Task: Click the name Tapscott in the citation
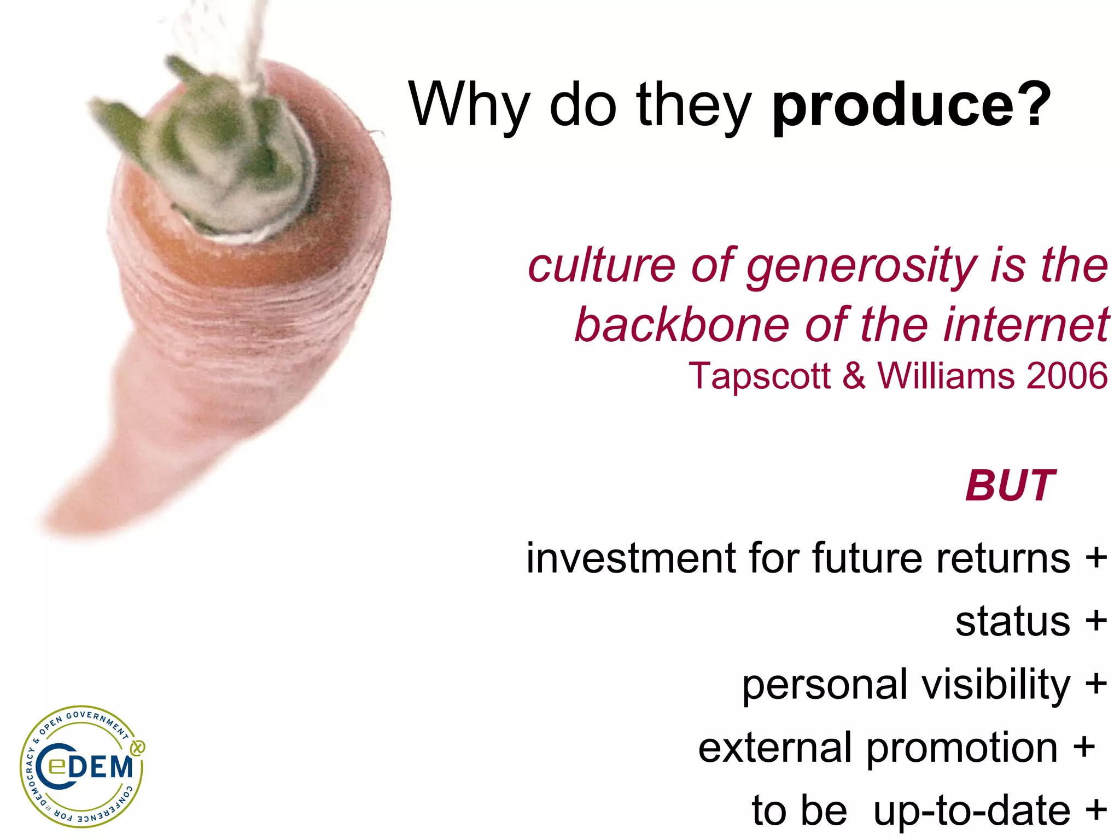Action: point(760,376)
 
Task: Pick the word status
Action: point(1012,622)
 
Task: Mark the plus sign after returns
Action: point(1096,558)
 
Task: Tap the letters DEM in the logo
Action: point(102,767)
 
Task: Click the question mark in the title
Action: point(1033,104)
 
